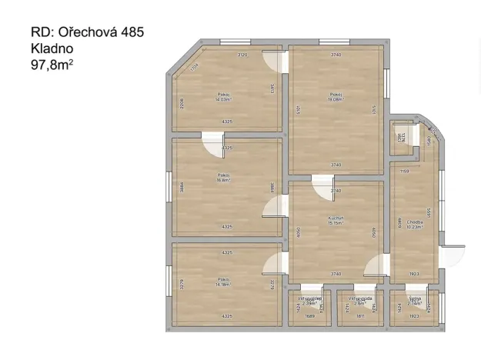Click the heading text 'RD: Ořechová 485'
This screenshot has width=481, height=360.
(x=87, y=32)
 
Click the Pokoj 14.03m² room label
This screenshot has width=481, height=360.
(x=224, y=97)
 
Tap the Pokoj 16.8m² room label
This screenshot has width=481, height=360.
(x=224, y=178)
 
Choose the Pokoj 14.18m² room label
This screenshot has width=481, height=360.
(x=224, y=282)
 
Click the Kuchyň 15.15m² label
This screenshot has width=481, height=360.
(x=336, y=221)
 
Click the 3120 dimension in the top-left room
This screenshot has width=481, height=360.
(x=242, y=55)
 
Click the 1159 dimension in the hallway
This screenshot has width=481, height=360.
(x=405, y=172)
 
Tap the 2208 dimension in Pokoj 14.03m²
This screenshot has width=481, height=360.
(x=182, y=103)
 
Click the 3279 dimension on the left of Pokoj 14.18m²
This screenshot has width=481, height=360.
(x=182, y=283)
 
